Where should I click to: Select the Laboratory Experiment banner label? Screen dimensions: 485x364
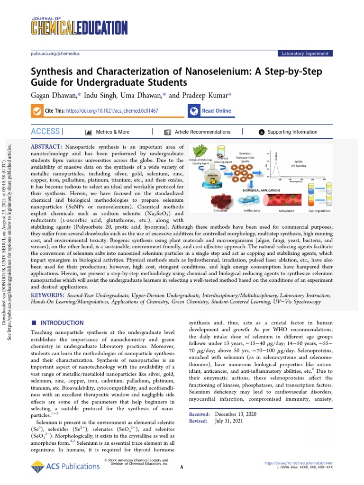[x=305, y=54]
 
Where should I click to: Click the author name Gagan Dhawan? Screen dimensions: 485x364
[x=55, y=95]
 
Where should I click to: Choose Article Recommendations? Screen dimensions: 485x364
[x=202, y=132]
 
